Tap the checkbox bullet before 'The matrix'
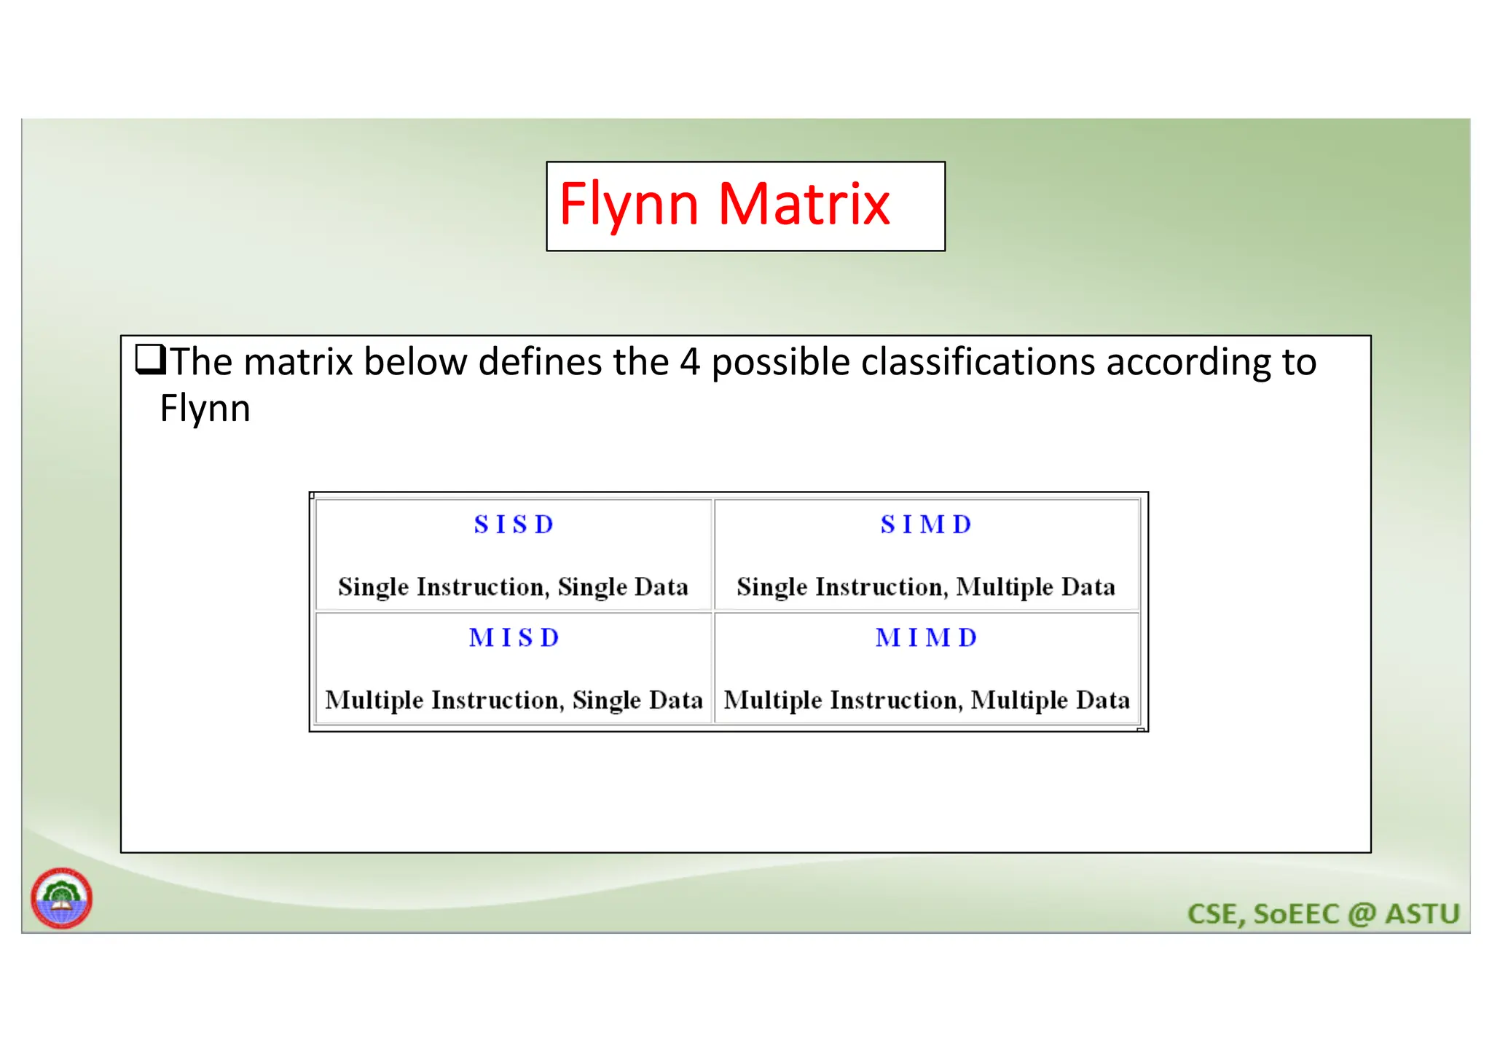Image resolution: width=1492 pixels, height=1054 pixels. [150, 360]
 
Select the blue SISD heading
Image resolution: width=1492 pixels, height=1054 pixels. [514, 524]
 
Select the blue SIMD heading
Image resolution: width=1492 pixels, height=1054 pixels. [926, 524]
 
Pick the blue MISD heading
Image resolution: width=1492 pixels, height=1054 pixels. [514, 638]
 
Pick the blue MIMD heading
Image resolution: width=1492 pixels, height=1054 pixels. [926, 638]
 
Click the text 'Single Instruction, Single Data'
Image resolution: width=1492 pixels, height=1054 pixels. [513, 587]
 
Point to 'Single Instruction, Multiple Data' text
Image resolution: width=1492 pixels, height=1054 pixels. [925, 587]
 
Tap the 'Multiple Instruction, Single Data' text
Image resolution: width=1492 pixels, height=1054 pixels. [514, 700]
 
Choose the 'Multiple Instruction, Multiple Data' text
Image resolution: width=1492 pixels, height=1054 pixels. [927, 700]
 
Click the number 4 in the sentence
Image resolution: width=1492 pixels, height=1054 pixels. [689, 362]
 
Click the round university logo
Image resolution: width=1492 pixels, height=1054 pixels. [61, 897]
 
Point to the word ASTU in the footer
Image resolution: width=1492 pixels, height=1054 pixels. [1422, 914]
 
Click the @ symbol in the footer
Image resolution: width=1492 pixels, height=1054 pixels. [1361, 914]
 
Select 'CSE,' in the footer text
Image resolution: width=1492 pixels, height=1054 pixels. [1216, 914]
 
